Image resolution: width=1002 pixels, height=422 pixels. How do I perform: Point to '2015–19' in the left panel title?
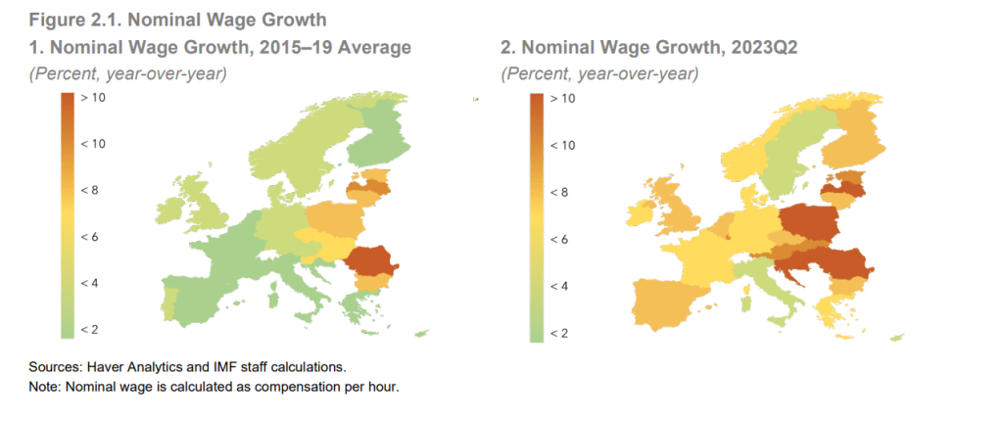[x=277, y=46]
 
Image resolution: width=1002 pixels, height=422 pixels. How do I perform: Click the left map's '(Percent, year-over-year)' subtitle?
[x=127, y=73]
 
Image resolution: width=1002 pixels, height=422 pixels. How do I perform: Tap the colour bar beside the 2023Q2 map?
[x=536, y=216]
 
